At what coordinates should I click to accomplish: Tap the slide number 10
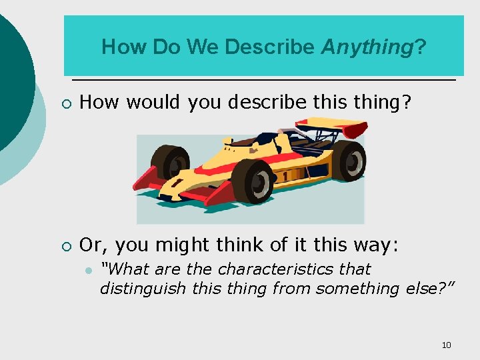446,345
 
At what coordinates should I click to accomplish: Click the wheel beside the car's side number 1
252,181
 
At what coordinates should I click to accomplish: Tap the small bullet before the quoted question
87,270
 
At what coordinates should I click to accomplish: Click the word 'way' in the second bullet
377,245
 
